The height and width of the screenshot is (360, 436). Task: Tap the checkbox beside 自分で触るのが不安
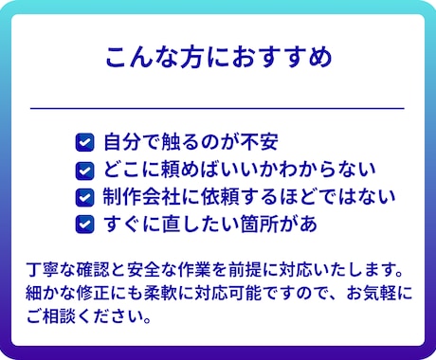tap(84, 144)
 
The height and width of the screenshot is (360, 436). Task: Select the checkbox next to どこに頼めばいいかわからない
tap(84, 171)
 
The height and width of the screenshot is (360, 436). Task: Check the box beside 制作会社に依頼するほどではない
tap(84, 198)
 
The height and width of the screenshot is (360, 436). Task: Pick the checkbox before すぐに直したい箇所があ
tap(84, 225)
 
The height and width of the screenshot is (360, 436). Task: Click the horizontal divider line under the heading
tap(218, 109)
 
